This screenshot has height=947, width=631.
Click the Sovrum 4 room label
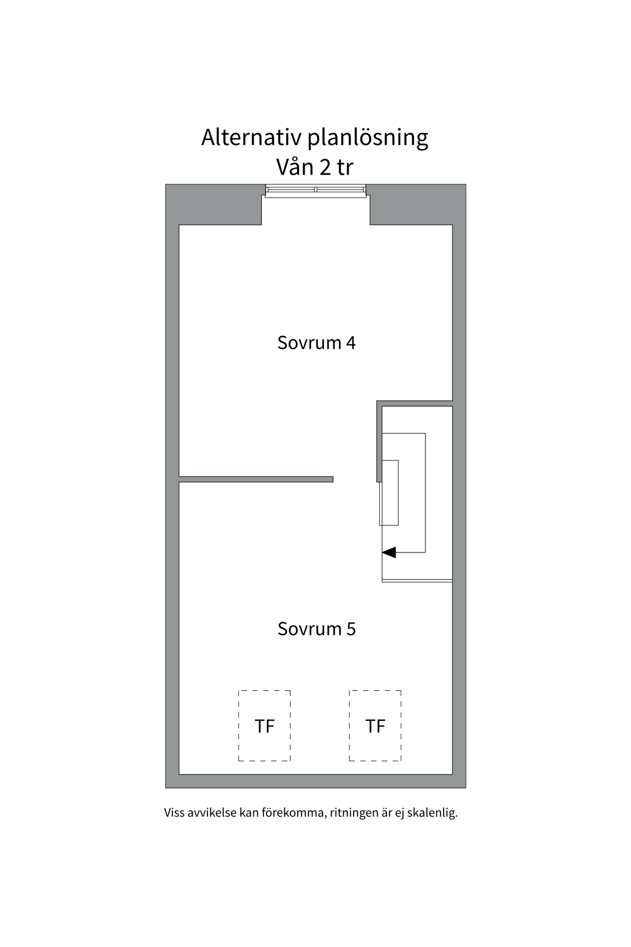point(316,342)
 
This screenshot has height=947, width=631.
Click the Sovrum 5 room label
point(316,629)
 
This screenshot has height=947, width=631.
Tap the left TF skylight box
point(265,726)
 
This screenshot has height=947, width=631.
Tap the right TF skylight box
point(375,726)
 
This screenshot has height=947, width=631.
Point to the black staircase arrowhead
point(389,552)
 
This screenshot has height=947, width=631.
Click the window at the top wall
point(316,191)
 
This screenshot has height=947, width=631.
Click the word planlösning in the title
point(368,138)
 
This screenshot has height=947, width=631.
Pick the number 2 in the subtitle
point(325,168)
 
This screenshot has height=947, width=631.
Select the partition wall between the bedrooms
point(256,479)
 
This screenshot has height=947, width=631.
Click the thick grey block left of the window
point(213,205)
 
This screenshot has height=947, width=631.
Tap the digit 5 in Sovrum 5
point(351,629)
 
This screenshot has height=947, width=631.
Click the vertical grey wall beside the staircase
point(379,441)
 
